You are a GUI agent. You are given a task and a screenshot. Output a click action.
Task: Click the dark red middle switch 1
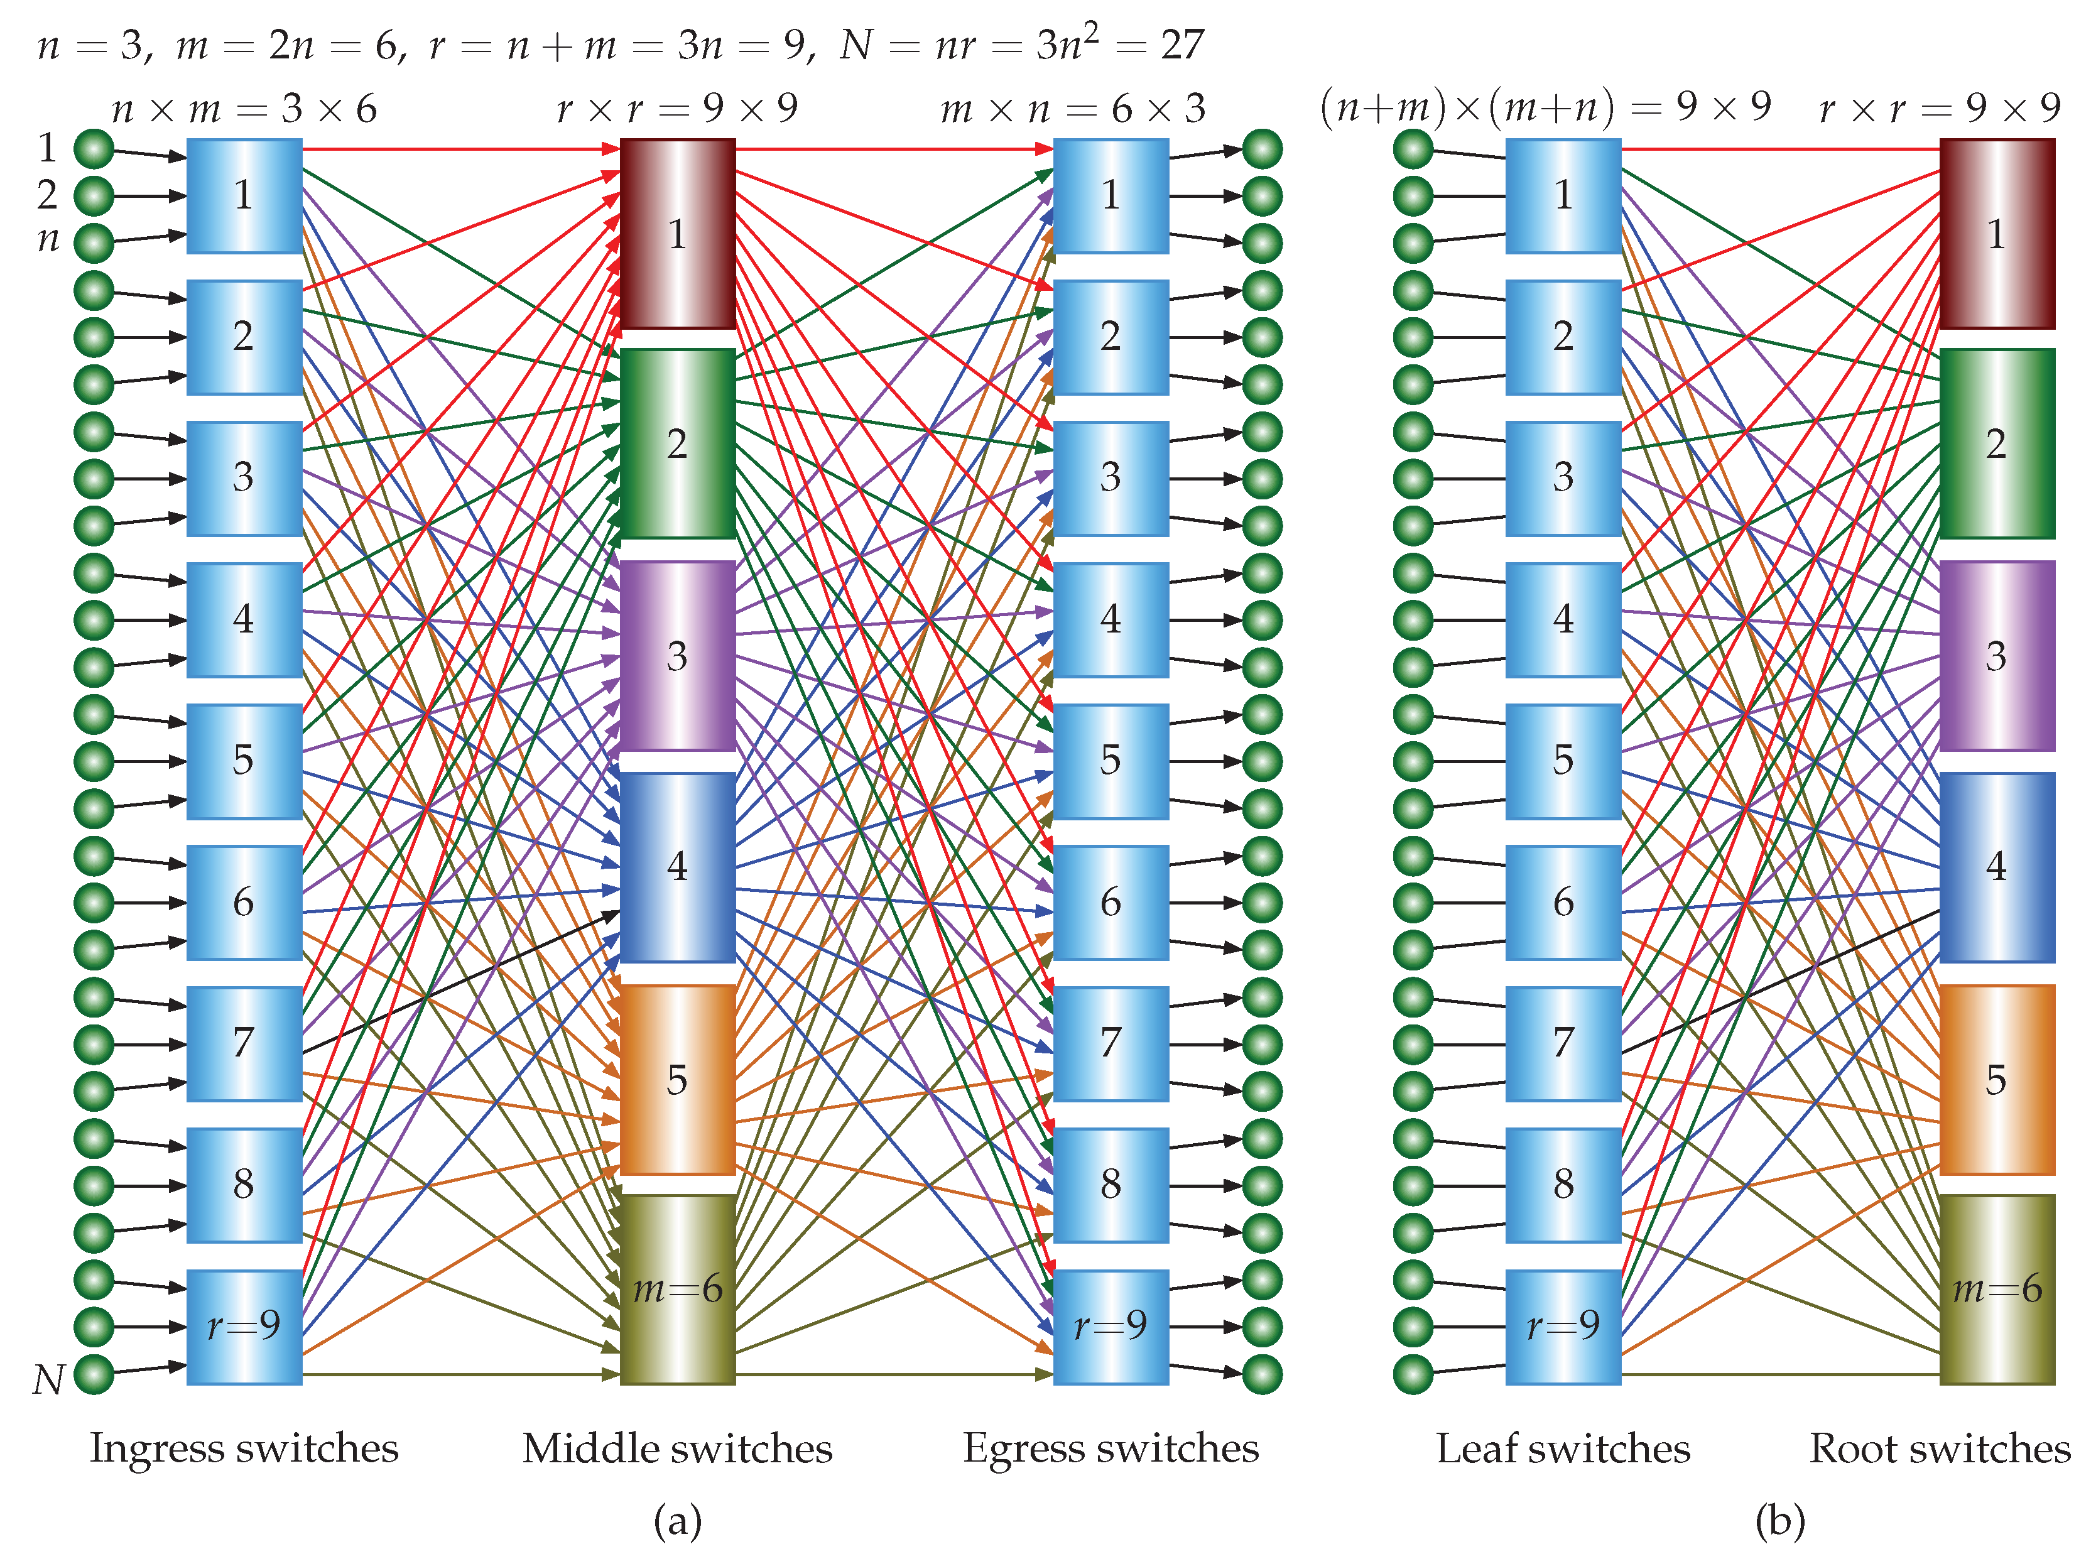676,233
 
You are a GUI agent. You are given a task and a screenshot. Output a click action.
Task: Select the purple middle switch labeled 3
676,655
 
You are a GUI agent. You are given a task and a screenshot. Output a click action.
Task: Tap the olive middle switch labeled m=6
676,1289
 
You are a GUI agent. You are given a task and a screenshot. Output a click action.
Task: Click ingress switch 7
244,1043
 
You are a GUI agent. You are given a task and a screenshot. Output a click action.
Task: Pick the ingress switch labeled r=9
244,1326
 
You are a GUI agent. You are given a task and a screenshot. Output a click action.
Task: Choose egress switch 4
1111,619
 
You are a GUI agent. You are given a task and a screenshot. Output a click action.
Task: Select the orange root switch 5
1996,1078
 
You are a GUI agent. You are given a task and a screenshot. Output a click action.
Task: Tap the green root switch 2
1996,443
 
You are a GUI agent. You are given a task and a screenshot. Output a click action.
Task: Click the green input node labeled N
94,1374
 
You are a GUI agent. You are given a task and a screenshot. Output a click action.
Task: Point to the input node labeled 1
94,149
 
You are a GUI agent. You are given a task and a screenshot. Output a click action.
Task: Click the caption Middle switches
676,1448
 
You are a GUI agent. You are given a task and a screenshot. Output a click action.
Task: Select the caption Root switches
1939,1448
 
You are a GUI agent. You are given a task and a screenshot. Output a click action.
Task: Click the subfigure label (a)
676,1521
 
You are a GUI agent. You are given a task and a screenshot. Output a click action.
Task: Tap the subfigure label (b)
1779,1521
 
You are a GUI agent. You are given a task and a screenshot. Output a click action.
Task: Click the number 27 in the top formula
1182,45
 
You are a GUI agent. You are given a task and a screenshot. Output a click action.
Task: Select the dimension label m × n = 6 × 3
1073,109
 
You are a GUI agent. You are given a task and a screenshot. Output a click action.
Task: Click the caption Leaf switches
1563,1448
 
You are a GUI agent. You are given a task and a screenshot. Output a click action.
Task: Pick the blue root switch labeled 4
1996,866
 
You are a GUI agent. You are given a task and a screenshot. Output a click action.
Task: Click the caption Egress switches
1111,1448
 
